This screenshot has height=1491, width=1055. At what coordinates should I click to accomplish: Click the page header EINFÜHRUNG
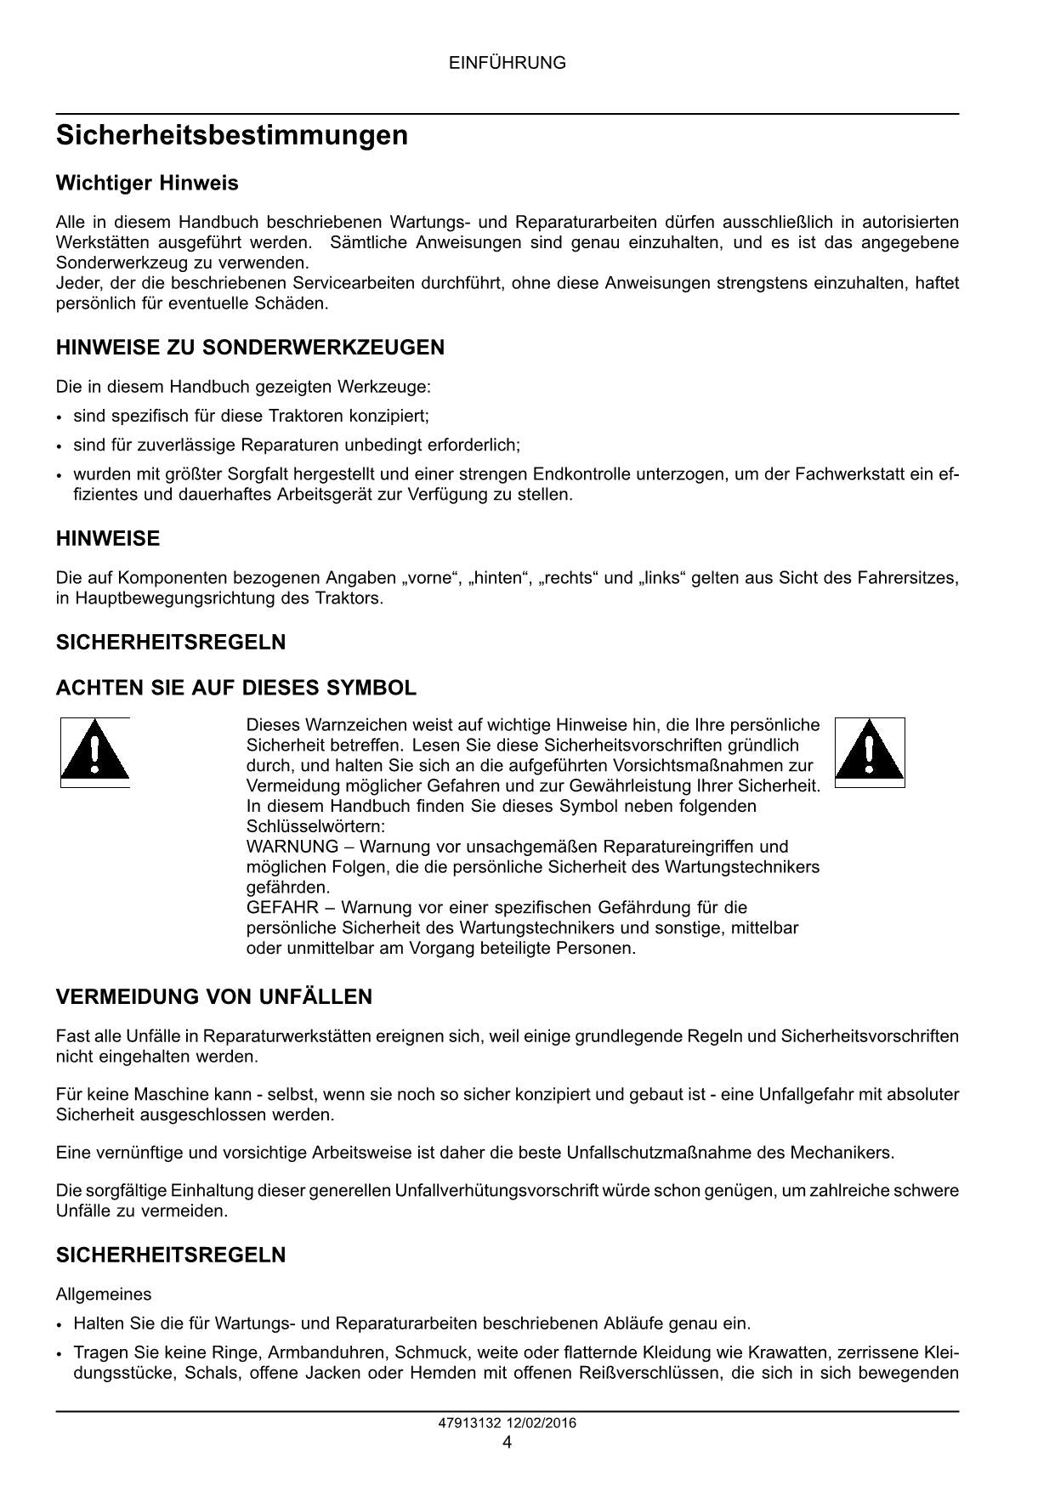pos(507,63)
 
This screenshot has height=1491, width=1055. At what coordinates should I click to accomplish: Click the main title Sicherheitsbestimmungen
pos(231,135)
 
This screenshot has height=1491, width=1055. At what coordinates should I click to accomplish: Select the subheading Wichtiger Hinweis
pos(147,183)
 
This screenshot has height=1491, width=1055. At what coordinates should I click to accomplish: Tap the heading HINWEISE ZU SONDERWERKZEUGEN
pos(250,347)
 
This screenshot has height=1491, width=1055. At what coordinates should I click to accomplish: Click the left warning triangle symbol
pos(94,752)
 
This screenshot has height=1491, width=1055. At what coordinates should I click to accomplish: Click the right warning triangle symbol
pos(869,752)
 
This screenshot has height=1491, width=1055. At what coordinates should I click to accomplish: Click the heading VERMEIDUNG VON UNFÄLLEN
pos(214,996)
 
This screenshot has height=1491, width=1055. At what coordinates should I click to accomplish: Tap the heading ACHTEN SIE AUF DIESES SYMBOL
pos(236,688)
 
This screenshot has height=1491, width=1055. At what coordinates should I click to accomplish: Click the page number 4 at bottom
pos(507,1442)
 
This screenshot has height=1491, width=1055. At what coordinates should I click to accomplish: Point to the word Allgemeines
pos(104,1294)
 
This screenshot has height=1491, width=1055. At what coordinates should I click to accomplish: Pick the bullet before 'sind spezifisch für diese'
pos(59,417)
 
